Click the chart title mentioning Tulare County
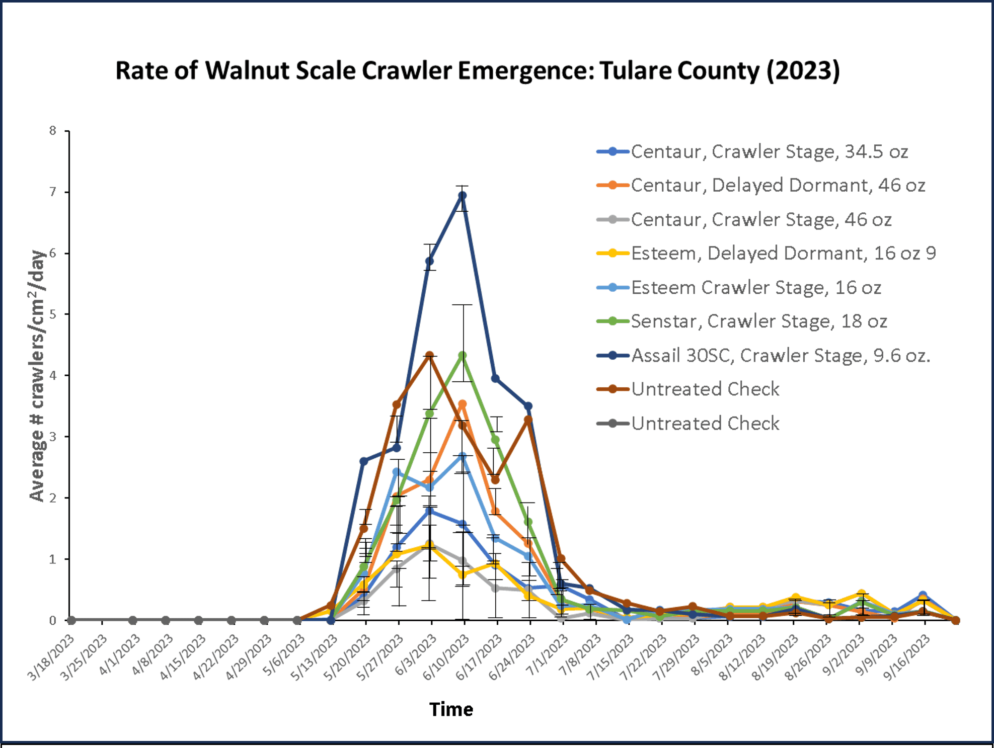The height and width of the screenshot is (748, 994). pos(477,70)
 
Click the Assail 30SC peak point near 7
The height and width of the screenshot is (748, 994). pos(463,196)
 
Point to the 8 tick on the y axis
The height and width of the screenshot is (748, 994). pos(53,131)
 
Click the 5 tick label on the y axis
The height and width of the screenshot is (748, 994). pos(53,314)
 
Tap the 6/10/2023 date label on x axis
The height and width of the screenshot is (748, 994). pos(446,657)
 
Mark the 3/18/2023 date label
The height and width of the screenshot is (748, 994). pos(51,657)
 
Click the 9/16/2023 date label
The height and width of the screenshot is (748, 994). pos(906,657)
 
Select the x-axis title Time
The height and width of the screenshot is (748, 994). pos(451,709)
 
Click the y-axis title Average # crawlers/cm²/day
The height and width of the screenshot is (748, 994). pos(37,375)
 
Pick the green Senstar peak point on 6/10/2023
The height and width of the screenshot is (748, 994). pos(463,356)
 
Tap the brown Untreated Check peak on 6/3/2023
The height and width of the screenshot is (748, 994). pos(429,356)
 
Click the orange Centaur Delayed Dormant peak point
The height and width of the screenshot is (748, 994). pos(463,404)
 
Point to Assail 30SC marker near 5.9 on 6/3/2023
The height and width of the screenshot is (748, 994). pos(429,261)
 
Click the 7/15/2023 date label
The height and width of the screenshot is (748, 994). pos(610,657)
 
